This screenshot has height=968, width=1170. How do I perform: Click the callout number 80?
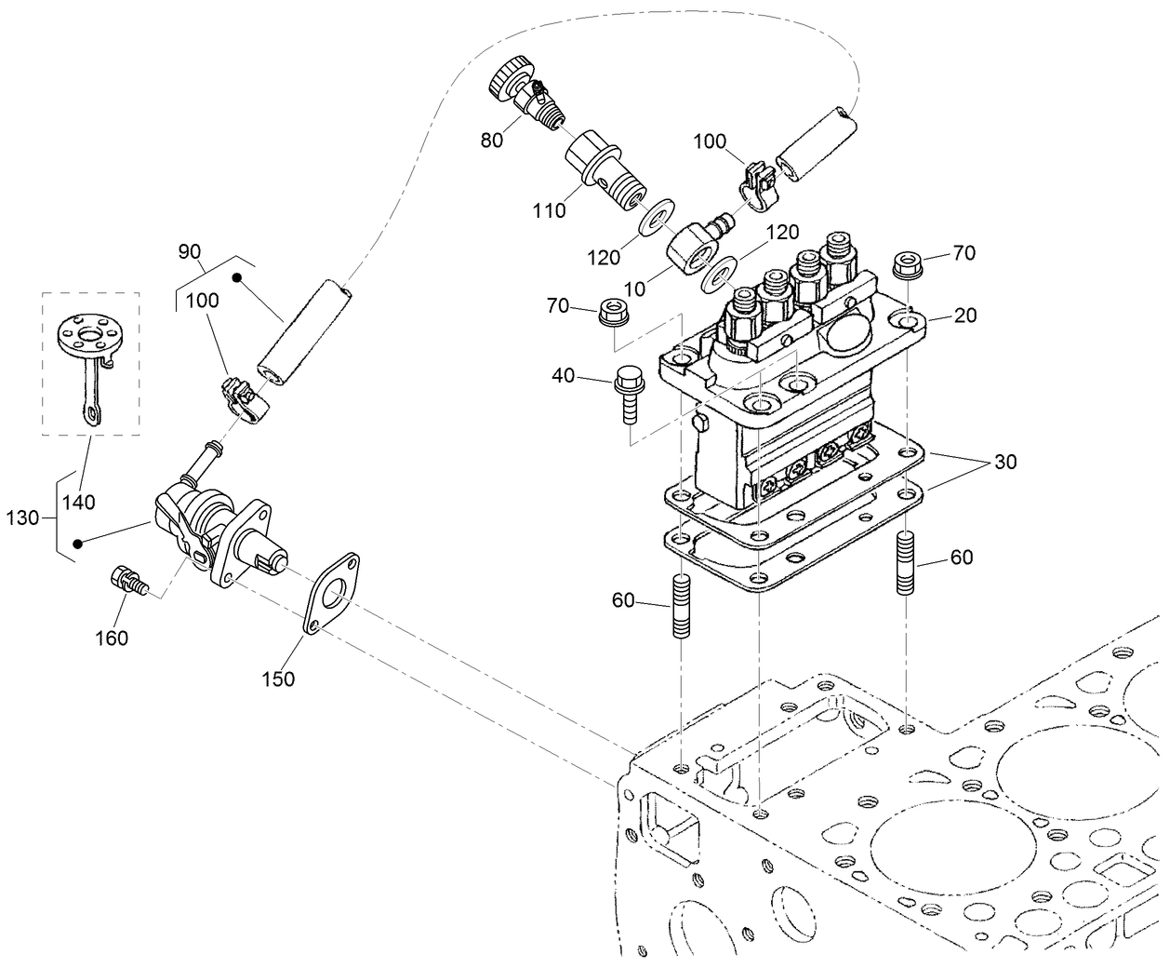[x=491, y=140]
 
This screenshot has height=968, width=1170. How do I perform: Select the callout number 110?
[x=550, y=210]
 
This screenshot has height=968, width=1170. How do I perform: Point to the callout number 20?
[x=965, y=316]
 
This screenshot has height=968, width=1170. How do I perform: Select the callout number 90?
[x=190, y=251]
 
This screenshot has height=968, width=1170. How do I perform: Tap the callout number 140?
[x=79, y=503]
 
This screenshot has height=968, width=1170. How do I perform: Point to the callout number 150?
[x=277, y=679]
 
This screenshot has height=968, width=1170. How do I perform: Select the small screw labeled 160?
[x=126, y=580]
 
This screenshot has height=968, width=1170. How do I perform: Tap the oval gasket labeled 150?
[x=330, y=593]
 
